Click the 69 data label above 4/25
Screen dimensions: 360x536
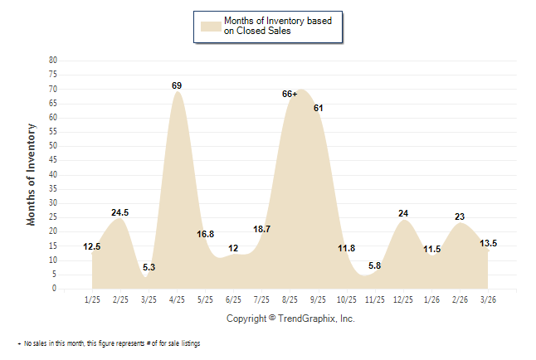[177, 85]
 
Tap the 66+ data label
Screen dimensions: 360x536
[290, 95]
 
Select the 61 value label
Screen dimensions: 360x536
[318, 109]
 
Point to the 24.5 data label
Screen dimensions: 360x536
[120, 213]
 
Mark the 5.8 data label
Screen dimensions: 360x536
[374, 265]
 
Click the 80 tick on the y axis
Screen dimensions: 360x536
[53, 61]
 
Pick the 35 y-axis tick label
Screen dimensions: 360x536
[53, 189]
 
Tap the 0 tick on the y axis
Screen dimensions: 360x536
[55, 289]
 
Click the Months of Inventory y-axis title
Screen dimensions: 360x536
[32, 174]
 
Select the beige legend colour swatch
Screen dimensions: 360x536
[210, 26]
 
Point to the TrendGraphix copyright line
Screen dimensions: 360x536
[290, 319]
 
